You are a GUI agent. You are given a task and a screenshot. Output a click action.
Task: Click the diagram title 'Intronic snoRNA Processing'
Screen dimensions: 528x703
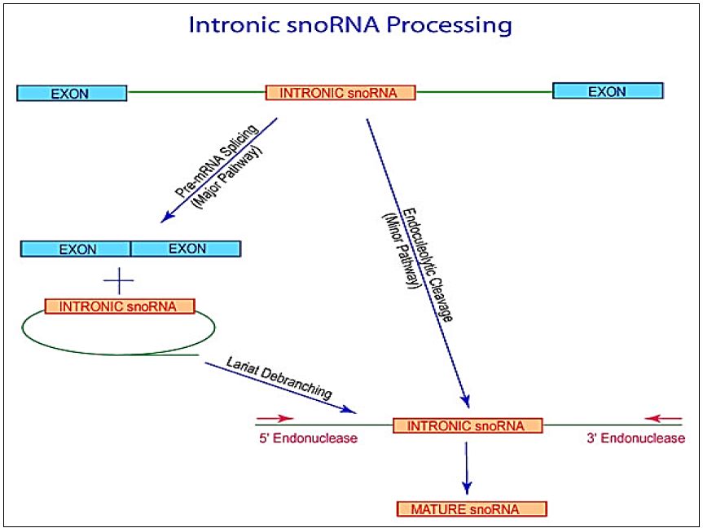pos(350,24)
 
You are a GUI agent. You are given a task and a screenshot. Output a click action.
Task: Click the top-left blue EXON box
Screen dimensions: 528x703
pos(72,93)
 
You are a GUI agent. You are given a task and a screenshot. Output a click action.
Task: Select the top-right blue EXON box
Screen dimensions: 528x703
pos(607,91)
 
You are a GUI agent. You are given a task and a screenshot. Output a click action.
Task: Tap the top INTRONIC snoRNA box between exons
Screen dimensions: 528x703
pos(340,92)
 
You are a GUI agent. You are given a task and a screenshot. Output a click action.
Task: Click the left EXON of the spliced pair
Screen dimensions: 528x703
pos(76,249)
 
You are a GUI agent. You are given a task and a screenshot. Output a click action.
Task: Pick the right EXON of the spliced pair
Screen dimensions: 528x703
pos(186,249)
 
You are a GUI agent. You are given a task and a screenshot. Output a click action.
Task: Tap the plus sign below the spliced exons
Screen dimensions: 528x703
pos(119,282)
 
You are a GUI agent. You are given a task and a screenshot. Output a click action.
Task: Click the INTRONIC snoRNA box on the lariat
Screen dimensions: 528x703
pos(120,306)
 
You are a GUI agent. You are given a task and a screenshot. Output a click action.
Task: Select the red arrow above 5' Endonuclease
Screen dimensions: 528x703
pos(275,418)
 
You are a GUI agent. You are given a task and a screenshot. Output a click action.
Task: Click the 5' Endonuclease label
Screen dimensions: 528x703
pos(307,438)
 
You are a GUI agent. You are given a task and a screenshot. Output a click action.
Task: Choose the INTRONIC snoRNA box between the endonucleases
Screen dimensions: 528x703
pos(468,425)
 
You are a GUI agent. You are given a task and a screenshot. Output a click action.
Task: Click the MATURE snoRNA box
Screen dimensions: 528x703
pos(472,509)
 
